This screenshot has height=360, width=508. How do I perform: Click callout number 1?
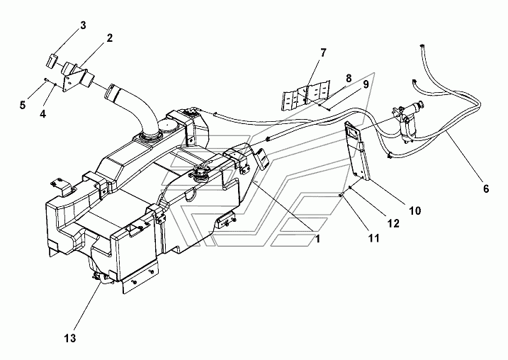coord(318,239)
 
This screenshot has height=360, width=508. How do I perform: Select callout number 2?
coord(109,38)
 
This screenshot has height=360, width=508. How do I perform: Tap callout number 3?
coord(83,26)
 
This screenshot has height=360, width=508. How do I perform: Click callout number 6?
coord(485,189)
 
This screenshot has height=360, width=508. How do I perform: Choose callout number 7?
coord(322,52)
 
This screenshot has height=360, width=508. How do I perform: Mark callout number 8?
coord(349,78)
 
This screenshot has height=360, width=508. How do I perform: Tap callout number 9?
coord(366,84)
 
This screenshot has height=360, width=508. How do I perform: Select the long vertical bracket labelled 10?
coord(356,152)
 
